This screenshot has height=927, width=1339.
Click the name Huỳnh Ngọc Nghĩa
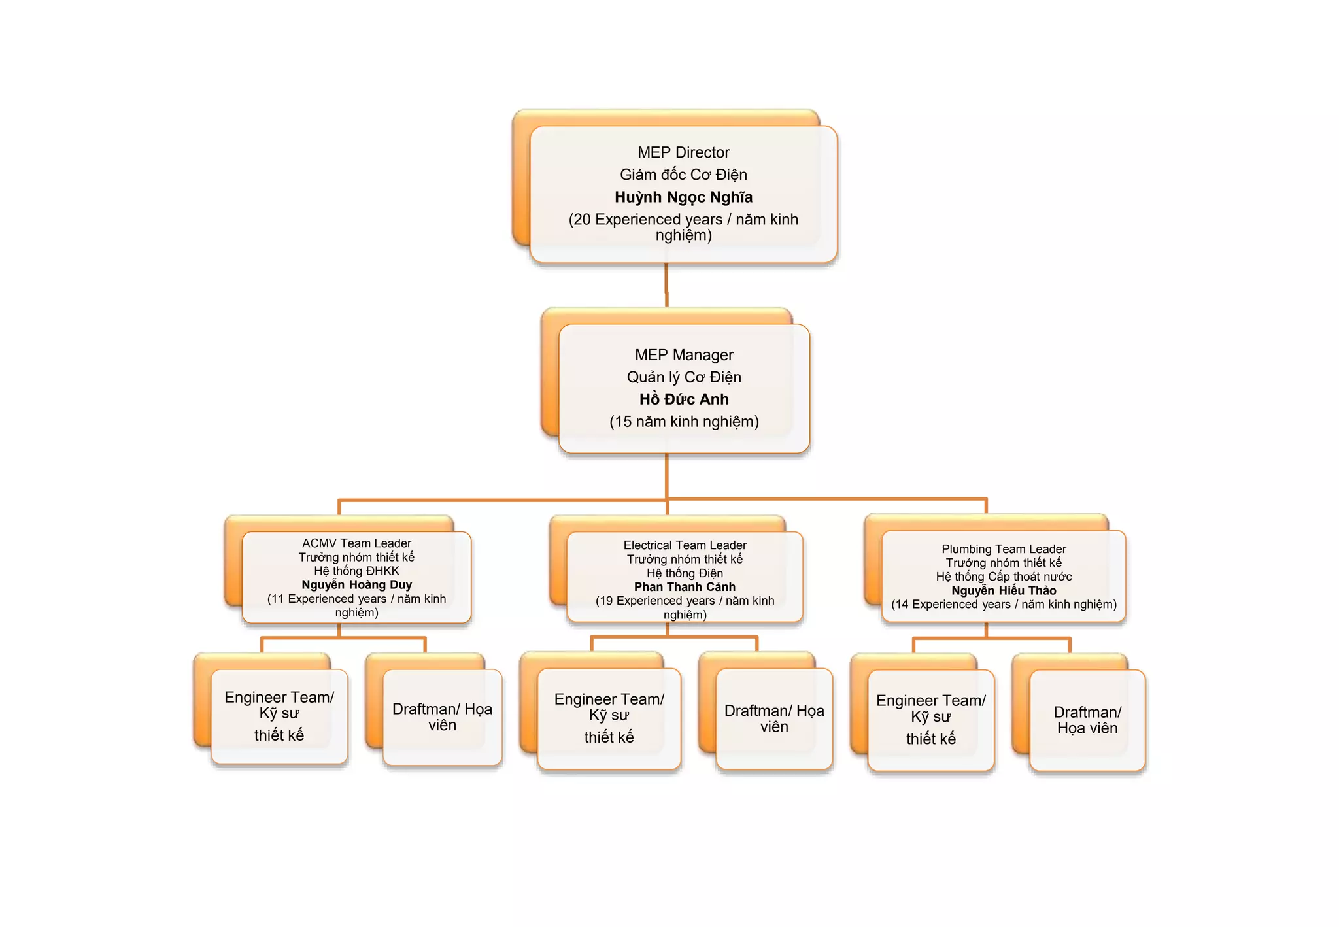pyautogui.click(x=683, y=197)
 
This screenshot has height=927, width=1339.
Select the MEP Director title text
pyautogui.click(x=683, y=152)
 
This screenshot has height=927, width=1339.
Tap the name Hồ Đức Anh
pyautogui.click(x=684, y=399)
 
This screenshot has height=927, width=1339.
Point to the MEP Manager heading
pyautogui.click(x=684, y=355)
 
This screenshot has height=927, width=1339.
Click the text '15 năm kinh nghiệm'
pyautogui.click(x=684, y=422)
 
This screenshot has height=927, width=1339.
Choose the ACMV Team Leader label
pyautogui.click(x=356, y=543)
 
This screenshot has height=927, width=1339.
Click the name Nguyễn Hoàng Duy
pyautogui.click(x=356, y=584)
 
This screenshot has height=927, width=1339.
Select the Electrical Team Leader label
pyautogui.click(x=685, y=545)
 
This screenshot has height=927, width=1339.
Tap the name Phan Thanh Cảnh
pyautogui.click(x=685, y=587)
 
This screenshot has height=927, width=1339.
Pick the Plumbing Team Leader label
pyautogui.click(x=1004, y=549)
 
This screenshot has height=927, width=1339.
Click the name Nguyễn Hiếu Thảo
pyautogui.click(x=1004, y=590)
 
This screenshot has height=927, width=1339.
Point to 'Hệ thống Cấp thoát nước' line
pyautogui.click(x=1004, y=577)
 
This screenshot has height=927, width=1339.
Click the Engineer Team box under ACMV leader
pyautogui.click(x=279, y=716)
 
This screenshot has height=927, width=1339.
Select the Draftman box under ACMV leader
pyautogui.click(x=442, y=717)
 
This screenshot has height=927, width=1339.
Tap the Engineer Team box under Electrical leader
pyautogui.click(x=609, y=718)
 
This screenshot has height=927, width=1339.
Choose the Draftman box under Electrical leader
pyautogui.click(x=774, y=718)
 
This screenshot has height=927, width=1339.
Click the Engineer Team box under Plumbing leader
pyautogui.click(x=930, y=719)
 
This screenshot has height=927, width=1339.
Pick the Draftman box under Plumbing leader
pyautogui.click(x=1087, y=720)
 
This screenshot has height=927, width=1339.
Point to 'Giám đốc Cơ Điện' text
pyautogui.click(x=683, y=175)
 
